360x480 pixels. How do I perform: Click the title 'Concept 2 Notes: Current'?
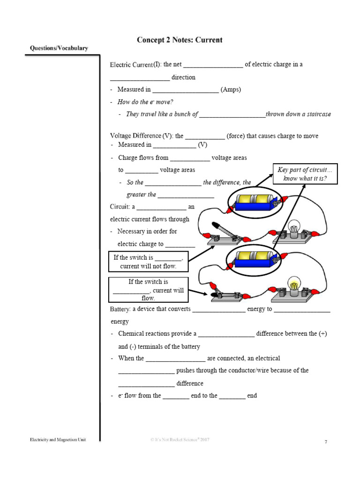pyautogui.click(x=180, y=40)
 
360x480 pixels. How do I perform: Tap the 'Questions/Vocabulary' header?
pyautogui.click(x=59, y=48)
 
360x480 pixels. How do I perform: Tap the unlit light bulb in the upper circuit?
pyautogui.click(x=294, y=227)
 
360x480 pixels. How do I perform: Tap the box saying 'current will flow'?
pyautogui.click(x=148, y=290)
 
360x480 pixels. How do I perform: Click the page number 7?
pyautogui.click(x=326, y=442)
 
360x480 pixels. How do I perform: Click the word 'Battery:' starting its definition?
pyautogui.click(x=120, y=309)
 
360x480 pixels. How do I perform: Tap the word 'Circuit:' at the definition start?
pyautogui.click(x=120, y=207)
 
